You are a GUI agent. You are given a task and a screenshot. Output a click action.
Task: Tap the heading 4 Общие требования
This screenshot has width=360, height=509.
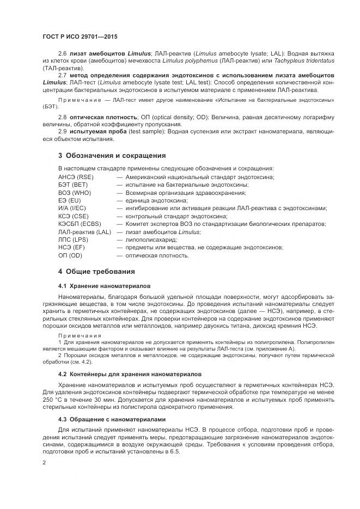[97, 271]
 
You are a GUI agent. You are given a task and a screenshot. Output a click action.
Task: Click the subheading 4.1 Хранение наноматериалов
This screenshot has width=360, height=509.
[105, 286]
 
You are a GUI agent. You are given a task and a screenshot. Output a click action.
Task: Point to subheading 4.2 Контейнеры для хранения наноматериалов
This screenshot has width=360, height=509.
[130, 375]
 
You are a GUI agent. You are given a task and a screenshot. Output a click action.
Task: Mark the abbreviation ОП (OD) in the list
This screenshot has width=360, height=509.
[70, 255]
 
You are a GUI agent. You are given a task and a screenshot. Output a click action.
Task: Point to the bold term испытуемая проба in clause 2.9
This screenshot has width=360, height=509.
[100, 132]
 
